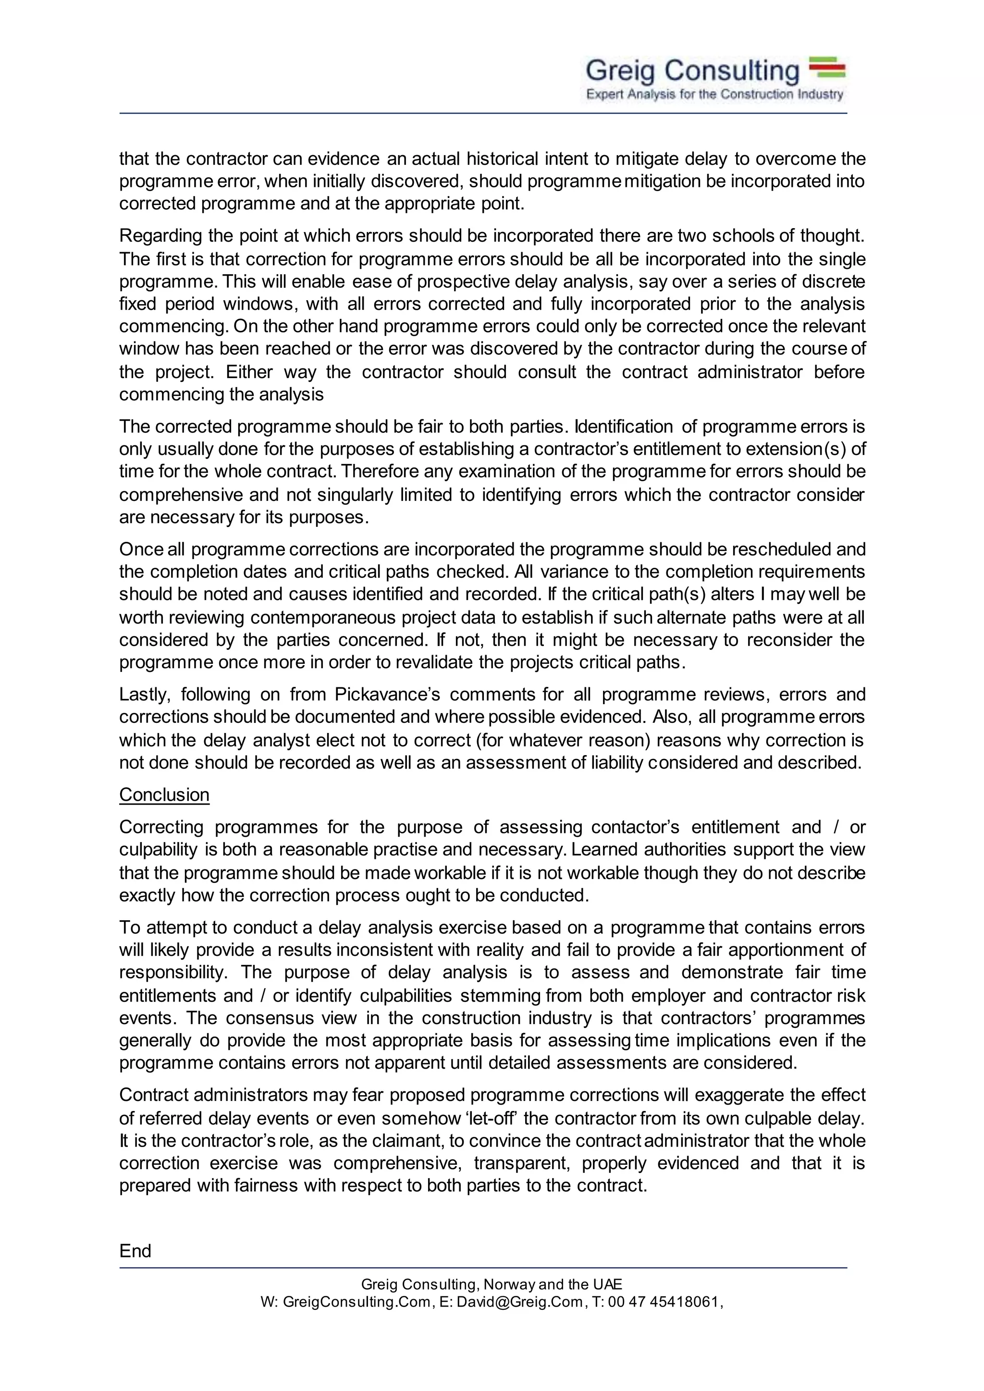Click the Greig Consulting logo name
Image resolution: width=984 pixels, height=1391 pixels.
tap(692, 71)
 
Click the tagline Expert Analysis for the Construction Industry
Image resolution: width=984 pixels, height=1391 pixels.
tap(714, 95)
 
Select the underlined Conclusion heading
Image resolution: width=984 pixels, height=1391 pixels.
tap(164, 794)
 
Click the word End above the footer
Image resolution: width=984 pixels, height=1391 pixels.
tap(135, 1251)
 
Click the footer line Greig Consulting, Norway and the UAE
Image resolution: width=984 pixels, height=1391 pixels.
tap(492, 1284)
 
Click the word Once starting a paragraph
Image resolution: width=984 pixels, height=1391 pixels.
tap(142, 549)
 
